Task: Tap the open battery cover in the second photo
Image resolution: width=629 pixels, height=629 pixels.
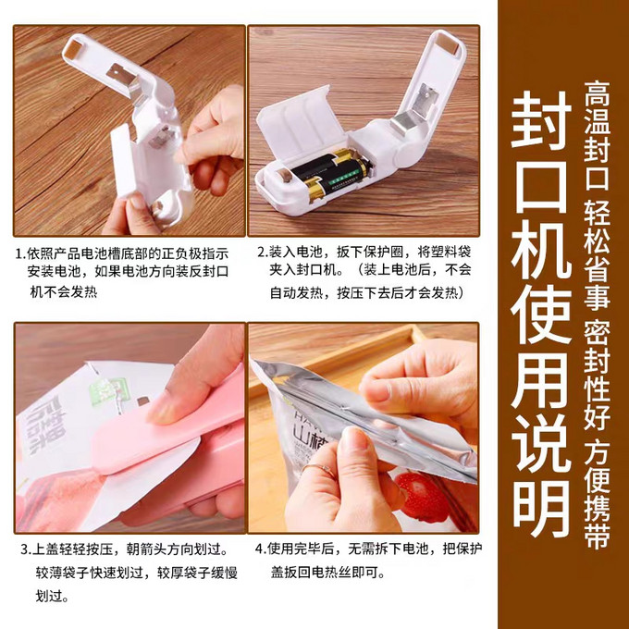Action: pos(302,123)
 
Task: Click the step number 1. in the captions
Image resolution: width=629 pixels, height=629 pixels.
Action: pos(21,254)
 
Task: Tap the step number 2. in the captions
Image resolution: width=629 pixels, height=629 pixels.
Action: pos(263,252)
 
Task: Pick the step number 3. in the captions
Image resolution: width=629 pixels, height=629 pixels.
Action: pos(26,549)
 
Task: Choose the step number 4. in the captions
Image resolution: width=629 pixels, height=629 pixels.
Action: pos(261,549)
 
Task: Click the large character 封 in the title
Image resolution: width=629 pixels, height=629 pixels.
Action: pos(541,119)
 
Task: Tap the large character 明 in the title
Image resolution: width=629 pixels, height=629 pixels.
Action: pos(541,508)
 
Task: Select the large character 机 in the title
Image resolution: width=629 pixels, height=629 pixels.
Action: pos(541,249)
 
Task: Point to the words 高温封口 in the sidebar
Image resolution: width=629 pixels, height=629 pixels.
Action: pos(597,135)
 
